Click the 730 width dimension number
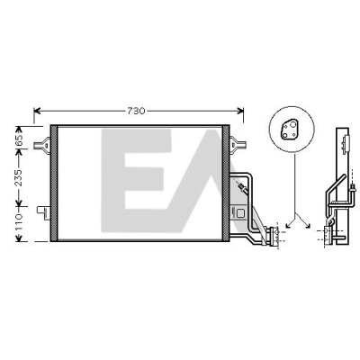[x=136, y=111]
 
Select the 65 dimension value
[x=19, y=139]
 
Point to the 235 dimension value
[x=19, y=177]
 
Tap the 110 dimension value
[x=19, y=222]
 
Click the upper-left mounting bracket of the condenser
[x=42, y=145]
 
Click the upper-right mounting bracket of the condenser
[x=238, y=145]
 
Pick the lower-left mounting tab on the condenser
[x=43, y=212]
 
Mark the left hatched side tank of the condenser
[x=54, y=184]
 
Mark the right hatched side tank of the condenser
[x=226, y=184]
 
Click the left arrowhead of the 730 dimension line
[x=37, y=112]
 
